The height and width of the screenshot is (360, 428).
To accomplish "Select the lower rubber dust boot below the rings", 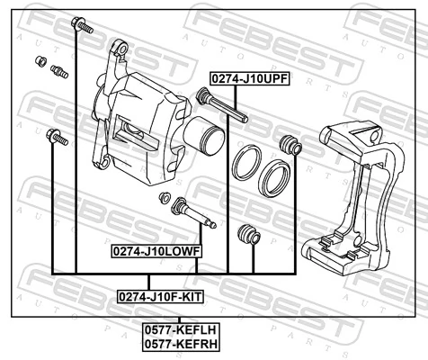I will click(x=246, y=236).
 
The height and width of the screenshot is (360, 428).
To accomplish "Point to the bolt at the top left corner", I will click(x=82, y=26).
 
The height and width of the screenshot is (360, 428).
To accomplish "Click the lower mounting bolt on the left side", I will click(x=56, y=139).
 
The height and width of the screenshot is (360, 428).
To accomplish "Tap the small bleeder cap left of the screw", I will click(x=40, y=61).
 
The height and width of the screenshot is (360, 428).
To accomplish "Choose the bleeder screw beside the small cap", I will click(x=60, y=71).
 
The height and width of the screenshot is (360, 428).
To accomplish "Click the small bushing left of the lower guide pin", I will click(x=164, y=197).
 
